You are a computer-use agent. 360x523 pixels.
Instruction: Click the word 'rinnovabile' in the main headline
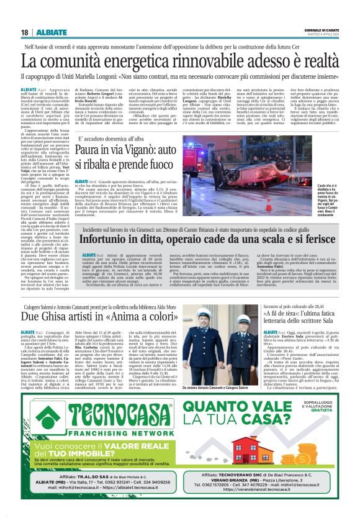pyautogui.click(x=186, y=61)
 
